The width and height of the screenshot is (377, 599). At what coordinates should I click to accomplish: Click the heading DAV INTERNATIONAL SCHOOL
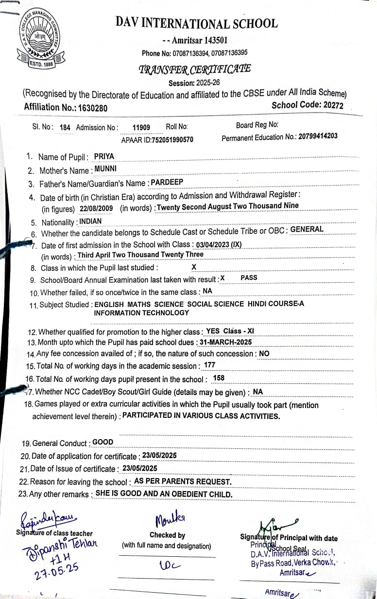point(197,23)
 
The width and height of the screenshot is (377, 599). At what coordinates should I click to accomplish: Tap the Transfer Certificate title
point(195,69)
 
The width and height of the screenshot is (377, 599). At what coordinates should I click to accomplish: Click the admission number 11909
point(141,127)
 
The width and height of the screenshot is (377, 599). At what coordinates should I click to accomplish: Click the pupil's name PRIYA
point(103,156)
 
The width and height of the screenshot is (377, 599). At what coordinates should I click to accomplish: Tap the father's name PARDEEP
point(167,182)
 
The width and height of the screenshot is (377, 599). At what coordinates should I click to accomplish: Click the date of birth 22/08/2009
point(96,208)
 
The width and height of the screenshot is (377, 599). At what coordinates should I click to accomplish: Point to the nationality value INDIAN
point(91,221)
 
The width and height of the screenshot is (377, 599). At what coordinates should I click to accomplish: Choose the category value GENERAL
point(307,229)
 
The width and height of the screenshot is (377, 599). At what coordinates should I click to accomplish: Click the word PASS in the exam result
point(249,277)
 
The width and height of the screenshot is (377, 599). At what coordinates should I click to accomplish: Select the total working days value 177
point(210,365)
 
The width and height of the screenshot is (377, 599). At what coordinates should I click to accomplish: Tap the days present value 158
point(219,377)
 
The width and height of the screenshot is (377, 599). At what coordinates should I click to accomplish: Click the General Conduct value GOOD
point(103,442)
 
